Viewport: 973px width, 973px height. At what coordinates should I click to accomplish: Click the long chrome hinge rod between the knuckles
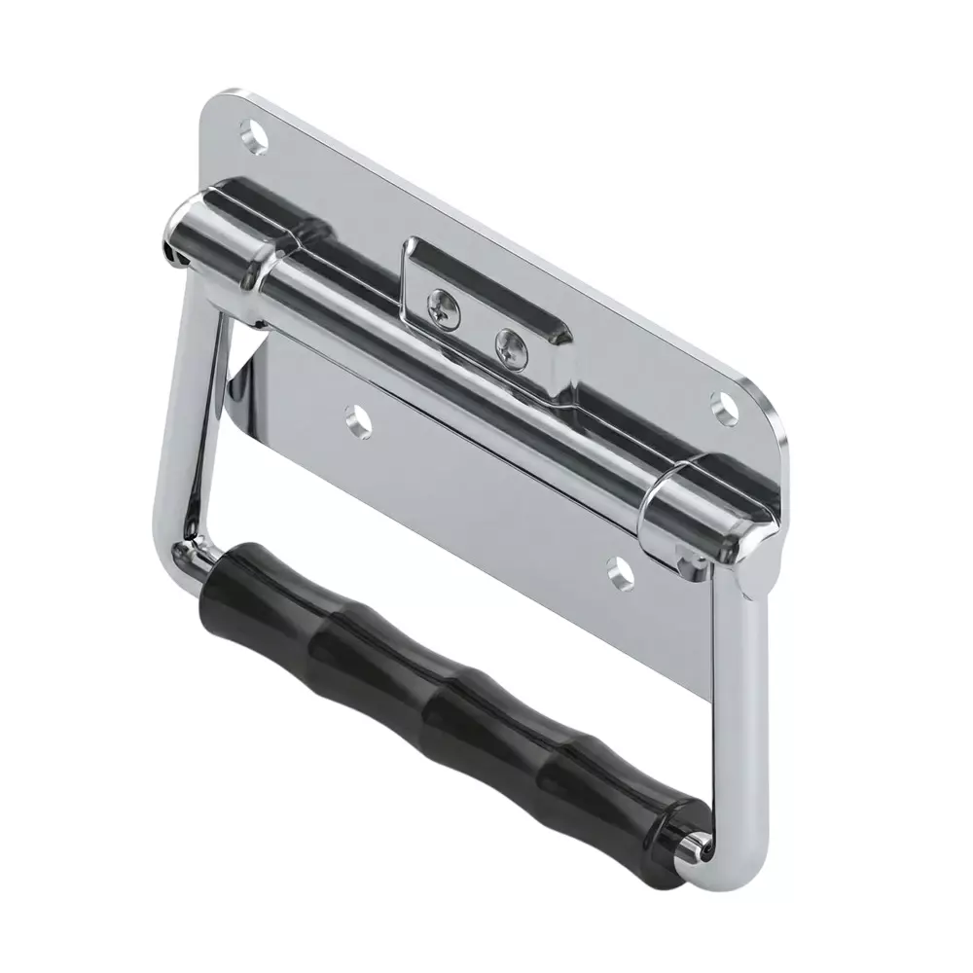coord(457,379)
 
